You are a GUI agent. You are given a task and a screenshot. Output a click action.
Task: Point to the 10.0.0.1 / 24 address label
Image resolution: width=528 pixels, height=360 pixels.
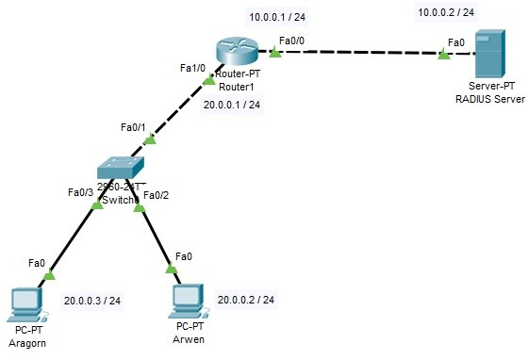click(277, 17)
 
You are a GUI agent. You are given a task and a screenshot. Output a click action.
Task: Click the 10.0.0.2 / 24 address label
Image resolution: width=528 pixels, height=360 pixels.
click(445, 12)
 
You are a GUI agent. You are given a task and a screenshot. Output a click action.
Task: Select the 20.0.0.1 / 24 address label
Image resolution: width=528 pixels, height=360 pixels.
click(231, 105)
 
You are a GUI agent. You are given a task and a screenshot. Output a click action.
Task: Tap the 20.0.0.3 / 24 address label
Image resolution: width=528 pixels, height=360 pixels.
click(91, 301)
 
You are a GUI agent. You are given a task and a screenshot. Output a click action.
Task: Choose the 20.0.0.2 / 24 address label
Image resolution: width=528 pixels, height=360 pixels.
click(245, 300)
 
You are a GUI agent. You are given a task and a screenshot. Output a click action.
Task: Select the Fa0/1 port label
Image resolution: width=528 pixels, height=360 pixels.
click(135, 126)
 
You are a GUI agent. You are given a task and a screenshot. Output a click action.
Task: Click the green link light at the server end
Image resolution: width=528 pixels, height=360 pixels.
click(443, 55)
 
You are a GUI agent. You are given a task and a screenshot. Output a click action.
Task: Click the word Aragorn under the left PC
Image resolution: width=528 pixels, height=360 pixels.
click(26, 344)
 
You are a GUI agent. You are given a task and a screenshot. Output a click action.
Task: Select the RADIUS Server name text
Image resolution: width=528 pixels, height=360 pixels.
click(488, 98)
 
